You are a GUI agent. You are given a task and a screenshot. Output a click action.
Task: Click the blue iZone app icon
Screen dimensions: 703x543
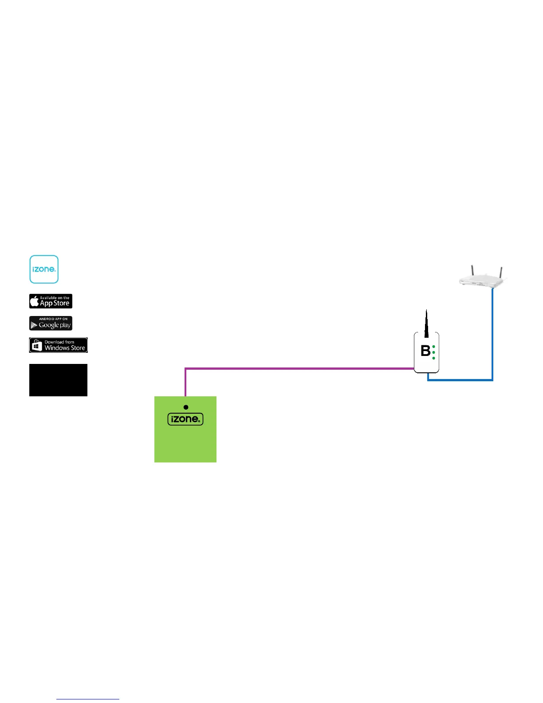click(x=44, y=269)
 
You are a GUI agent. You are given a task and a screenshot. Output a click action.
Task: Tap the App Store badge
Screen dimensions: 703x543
click(x=51, y=301)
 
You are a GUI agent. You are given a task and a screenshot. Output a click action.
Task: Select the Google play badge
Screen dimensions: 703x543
click(x=51, y=324)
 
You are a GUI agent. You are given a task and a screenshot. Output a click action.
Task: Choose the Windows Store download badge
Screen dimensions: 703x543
click(x=58, y=345)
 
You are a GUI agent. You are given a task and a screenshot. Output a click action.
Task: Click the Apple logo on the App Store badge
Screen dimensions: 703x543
click(x=34, y=302)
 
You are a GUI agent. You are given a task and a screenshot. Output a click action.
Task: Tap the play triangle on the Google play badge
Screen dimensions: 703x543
click(x=34, y=325)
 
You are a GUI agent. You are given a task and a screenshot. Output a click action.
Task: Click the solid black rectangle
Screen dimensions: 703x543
click(x=58, y=380)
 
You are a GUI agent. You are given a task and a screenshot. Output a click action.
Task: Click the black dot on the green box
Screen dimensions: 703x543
click(x=186, y=407)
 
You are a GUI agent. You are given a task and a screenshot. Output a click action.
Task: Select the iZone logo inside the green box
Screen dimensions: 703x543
click(x=185, y=419)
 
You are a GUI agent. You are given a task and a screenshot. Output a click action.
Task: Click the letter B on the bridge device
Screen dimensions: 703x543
click(x=425, y=351)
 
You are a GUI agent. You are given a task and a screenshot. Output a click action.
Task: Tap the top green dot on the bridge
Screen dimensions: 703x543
click(x=433, y=346)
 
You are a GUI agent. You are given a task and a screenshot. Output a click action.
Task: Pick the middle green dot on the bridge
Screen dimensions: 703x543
click(x=433, y=352)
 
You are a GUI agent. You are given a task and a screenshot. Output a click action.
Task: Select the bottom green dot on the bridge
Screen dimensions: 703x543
click(x=433, y=358)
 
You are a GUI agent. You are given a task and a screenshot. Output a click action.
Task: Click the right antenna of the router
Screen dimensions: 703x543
click(x=501, y=272)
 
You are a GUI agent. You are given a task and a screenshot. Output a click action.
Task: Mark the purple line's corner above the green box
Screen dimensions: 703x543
click(x=185, y=368)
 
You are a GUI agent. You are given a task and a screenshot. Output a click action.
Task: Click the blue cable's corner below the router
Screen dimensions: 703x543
click(x=492, y=380)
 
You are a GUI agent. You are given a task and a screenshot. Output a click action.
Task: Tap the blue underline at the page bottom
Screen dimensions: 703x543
click(x=88, y=699)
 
